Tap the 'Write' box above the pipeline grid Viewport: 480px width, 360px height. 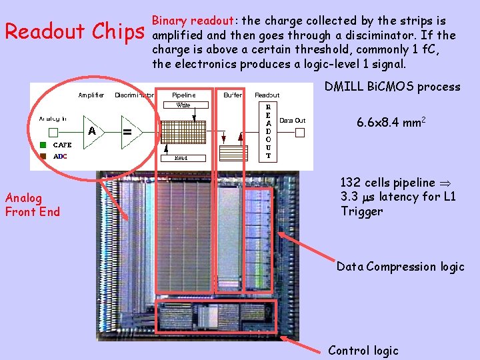tap(183, 105)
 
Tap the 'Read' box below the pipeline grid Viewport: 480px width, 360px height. tap(181, 158)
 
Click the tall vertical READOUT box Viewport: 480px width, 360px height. tap(268, 131)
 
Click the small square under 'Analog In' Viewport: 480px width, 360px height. tap(54, 132)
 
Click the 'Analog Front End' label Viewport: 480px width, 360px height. tap(32, 205)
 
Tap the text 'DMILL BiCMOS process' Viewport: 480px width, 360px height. tap(392, 86)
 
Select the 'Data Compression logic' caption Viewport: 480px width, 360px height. tap(400, 267)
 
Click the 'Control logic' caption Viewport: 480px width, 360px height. tap(363, 350)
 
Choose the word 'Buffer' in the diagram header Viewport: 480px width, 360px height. tap(233, 95)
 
